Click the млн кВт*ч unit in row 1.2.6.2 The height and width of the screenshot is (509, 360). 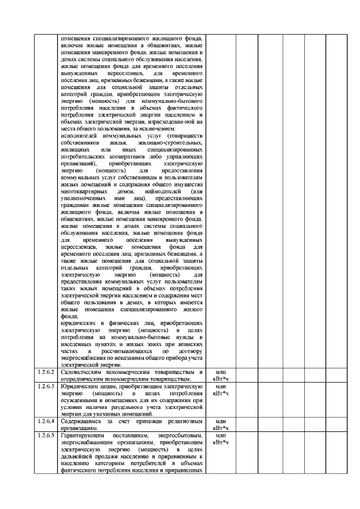click(221, 375)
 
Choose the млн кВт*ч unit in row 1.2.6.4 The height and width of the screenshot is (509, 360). click(221, 424)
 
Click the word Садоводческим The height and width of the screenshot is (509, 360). click(80, 372)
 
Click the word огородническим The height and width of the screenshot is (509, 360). click(78, 379)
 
